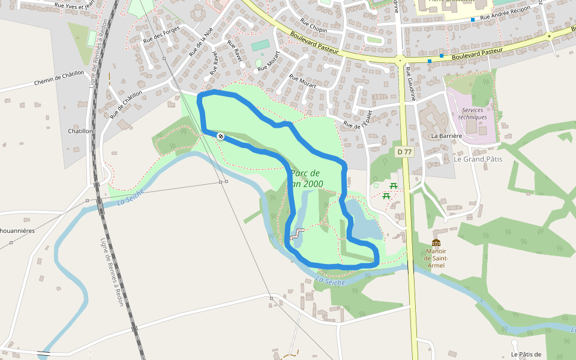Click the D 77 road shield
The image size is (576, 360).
(x=404, y=152)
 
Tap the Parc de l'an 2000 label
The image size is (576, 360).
(x=307, y=178)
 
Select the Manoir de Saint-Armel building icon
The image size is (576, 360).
(x=436, y=242)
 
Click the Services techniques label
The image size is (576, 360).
(x=473, y=113)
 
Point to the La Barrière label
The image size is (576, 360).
(x=446, y=136)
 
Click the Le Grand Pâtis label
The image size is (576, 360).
(x=478, y=159)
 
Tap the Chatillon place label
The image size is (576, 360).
(x=80, y=131)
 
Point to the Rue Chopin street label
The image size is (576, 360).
(x=313, y=26)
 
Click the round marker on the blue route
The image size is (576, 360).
(x=221, y=137)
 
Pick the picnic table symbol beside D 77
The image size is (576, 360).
(x=394, y=185)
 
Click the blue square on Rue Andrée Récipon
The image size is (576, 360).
(x=473, y=20)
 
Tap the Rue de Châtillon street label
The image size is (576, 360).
(x=127, y=104)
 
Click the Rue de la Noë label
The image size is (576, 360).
(x=201, y=42)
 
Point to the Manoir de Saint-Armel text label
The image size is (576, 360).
(x=436, y=258)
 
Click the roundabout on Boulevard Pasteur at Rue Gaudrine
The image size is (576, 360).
(x=400, y=59)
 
